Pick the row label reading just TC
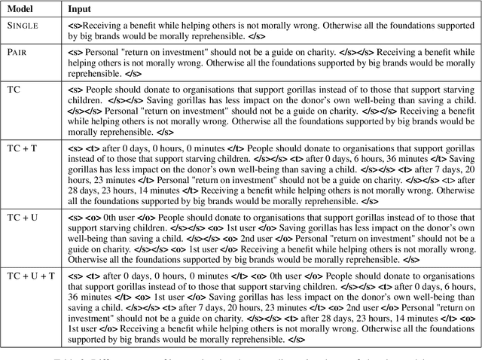click(14, 90)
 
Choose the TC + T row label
click(22, 149)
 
